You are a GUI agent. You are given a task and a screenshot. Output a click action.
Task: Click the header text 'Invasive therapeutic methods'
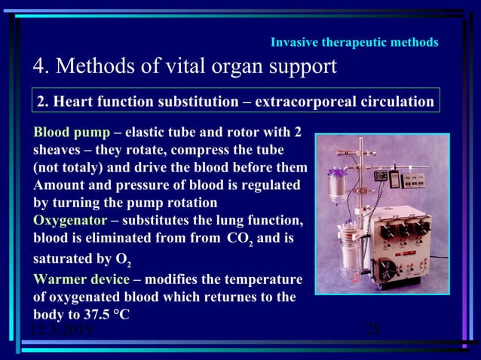pos(354,42)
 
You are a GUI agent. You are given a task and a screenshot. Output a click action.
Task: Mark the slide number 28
pos(373,329)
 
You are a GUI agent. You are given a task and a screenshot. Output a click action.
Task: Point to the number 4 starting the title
pos(38,66)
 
